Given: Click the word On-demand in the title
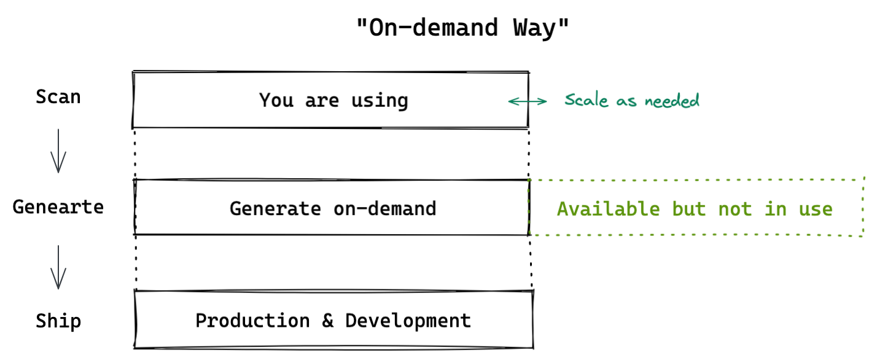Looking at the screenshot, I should (428, 28).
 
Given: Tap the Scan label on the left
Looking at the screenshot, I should (58, 97).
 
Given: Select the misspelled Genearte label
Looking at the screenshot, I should (58, 207).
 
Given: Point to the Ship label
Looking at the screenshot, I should (58, 321).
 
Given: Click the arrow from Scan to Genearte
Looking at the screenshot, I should (58, 151).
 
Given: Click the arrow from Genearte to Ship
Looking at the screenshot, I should (58, 267).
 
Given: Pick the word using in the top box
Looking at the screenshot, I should (380, 100).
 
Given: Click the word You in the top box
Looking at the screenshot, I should (276, 100).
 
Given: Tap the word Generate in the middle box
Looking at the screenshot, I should (275, 209).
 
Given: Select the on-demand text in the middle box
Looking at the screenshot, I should (385, 209).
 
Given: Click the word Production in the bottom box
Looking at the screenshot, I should (252, 321).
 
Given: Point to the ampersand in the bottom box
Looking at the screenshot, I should (328, 321).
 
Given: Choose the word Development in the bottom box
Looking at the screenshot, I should (408, 321).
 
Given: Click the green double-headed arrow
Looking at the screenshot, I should (528, 101).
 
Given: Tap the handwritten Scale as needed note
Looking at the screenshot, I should (632, 100).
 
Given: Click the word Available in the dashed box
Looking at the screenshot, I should (608, 209).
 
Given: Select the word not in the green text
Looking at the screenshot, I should (735, 209).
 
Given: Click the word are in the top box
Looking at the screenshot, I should (322, 100).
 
